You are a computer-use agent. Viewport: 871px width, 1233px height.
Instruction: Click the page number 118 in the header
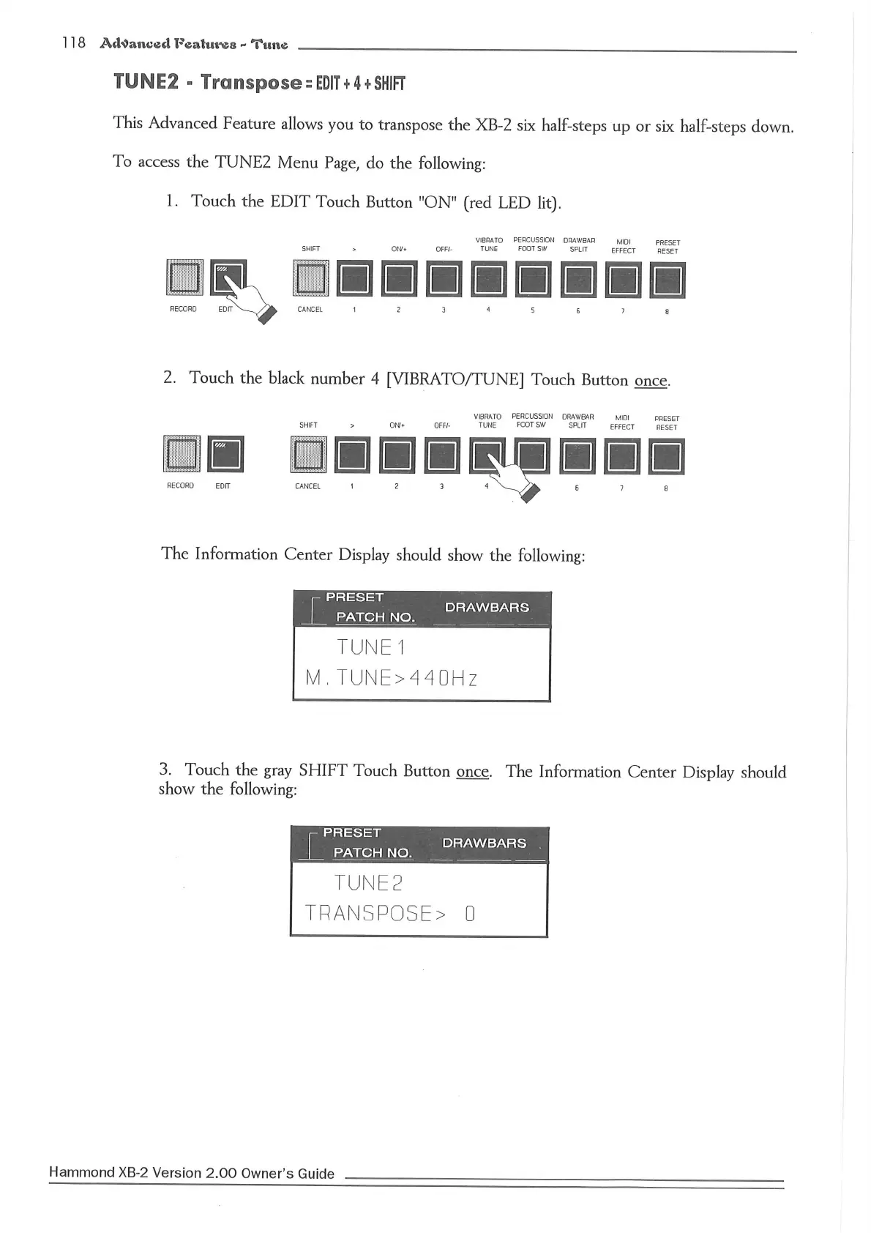click(74, 42)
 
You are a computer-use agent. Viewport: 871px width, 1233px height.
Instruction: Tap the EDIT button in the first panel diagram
click(228, 278)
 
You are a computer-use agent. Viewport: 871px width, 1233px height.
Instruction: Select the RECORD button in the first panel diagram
click(183, 278)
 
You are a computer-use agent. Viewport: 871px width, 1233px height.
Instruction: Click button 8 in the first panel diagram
click(668, 282)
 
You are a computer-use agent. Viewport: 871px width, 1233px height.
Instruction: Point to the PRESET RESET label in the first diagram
click(668, 247)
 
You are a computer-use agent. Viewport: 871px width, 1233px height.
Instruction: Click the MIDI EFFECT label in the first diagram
click(624, 246)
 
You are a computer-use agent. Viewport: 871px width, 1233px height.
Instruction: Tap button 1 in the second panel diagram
click(353, 456)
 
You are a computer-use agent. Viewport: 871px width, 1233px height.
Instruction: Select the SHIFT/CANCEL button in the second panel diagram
click(308, 456)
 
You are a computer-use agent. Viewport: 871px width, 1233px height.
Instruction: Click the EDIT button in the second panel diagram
click(225, 455)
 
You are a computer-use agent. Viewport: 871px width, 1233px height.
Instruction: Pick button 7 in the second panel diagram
click(622, 457)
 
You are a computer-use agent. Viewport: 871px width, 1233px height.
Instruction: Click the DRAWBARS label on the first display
click(487, 608)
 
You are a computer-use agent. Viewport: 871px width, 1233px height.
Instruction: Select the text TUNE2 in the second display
click(368, 883)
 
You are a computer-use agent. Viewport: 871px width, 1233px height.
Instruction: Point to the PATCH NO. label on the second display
click(373, 853)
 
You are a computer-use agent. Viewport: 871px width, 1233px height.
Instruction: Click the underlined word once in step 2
click(651, 381)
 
